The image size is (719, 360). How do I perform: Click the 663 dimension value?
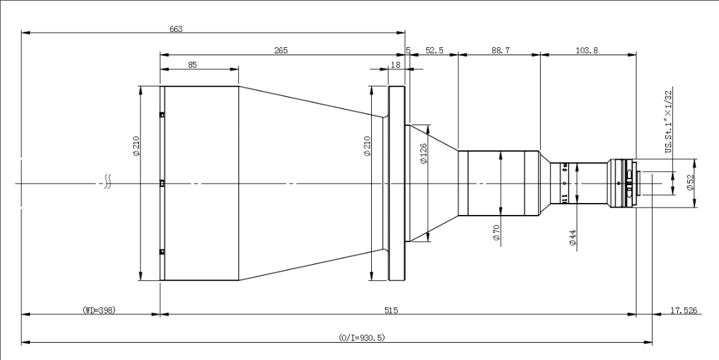[176, 29]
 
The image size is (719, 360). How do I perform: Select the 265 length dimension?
[281, 51]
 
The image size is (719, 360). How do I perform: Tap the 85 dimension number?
[192, 65]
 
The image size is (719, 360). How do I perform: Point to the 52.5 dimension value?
[434, 51]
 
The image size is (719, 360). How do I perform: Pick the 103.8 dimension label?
[588, 51]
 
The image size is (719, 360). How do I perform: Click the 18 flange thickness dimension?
[396, 65]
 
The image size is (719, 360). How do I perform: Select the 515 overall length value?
[398, 310]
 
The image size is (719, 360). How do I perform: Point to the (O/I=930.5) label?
[361, 338]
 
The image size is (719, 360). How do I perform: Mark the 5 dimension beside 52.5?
[408, 51]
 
